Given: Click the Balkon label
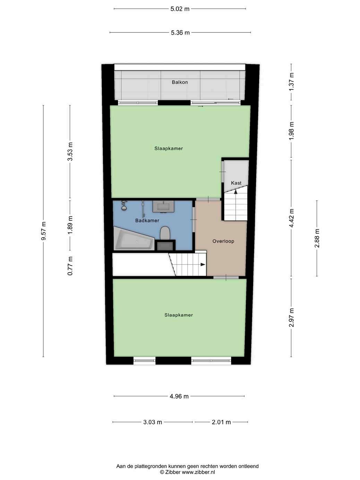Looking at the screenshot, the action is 180,82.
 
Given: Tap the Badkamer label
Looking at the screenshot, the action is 147,221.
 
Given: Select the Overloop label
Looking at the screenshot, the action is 223,241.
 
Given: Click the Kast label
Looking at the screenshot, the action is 236,183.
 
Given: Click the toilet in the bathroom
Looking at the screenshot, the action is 165,233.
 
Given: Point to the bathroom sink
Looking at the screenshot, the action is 163,207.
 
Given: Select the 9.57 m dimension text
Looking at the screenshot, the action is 44,231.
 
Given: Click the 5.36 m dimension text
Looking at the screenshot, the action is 180,33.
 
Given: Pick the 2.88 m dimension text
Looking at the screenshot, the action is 317,238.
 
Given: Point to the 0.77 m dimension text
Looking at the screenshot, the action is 70,266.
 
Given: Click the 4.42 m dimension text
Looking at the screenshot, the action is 291,218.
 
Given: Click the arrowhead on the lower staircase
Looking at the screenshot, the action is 203,264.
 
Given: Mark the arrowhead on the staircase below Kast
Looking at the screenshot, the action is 235,191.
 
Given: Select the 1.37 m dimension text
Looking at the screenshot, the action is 291,82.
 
